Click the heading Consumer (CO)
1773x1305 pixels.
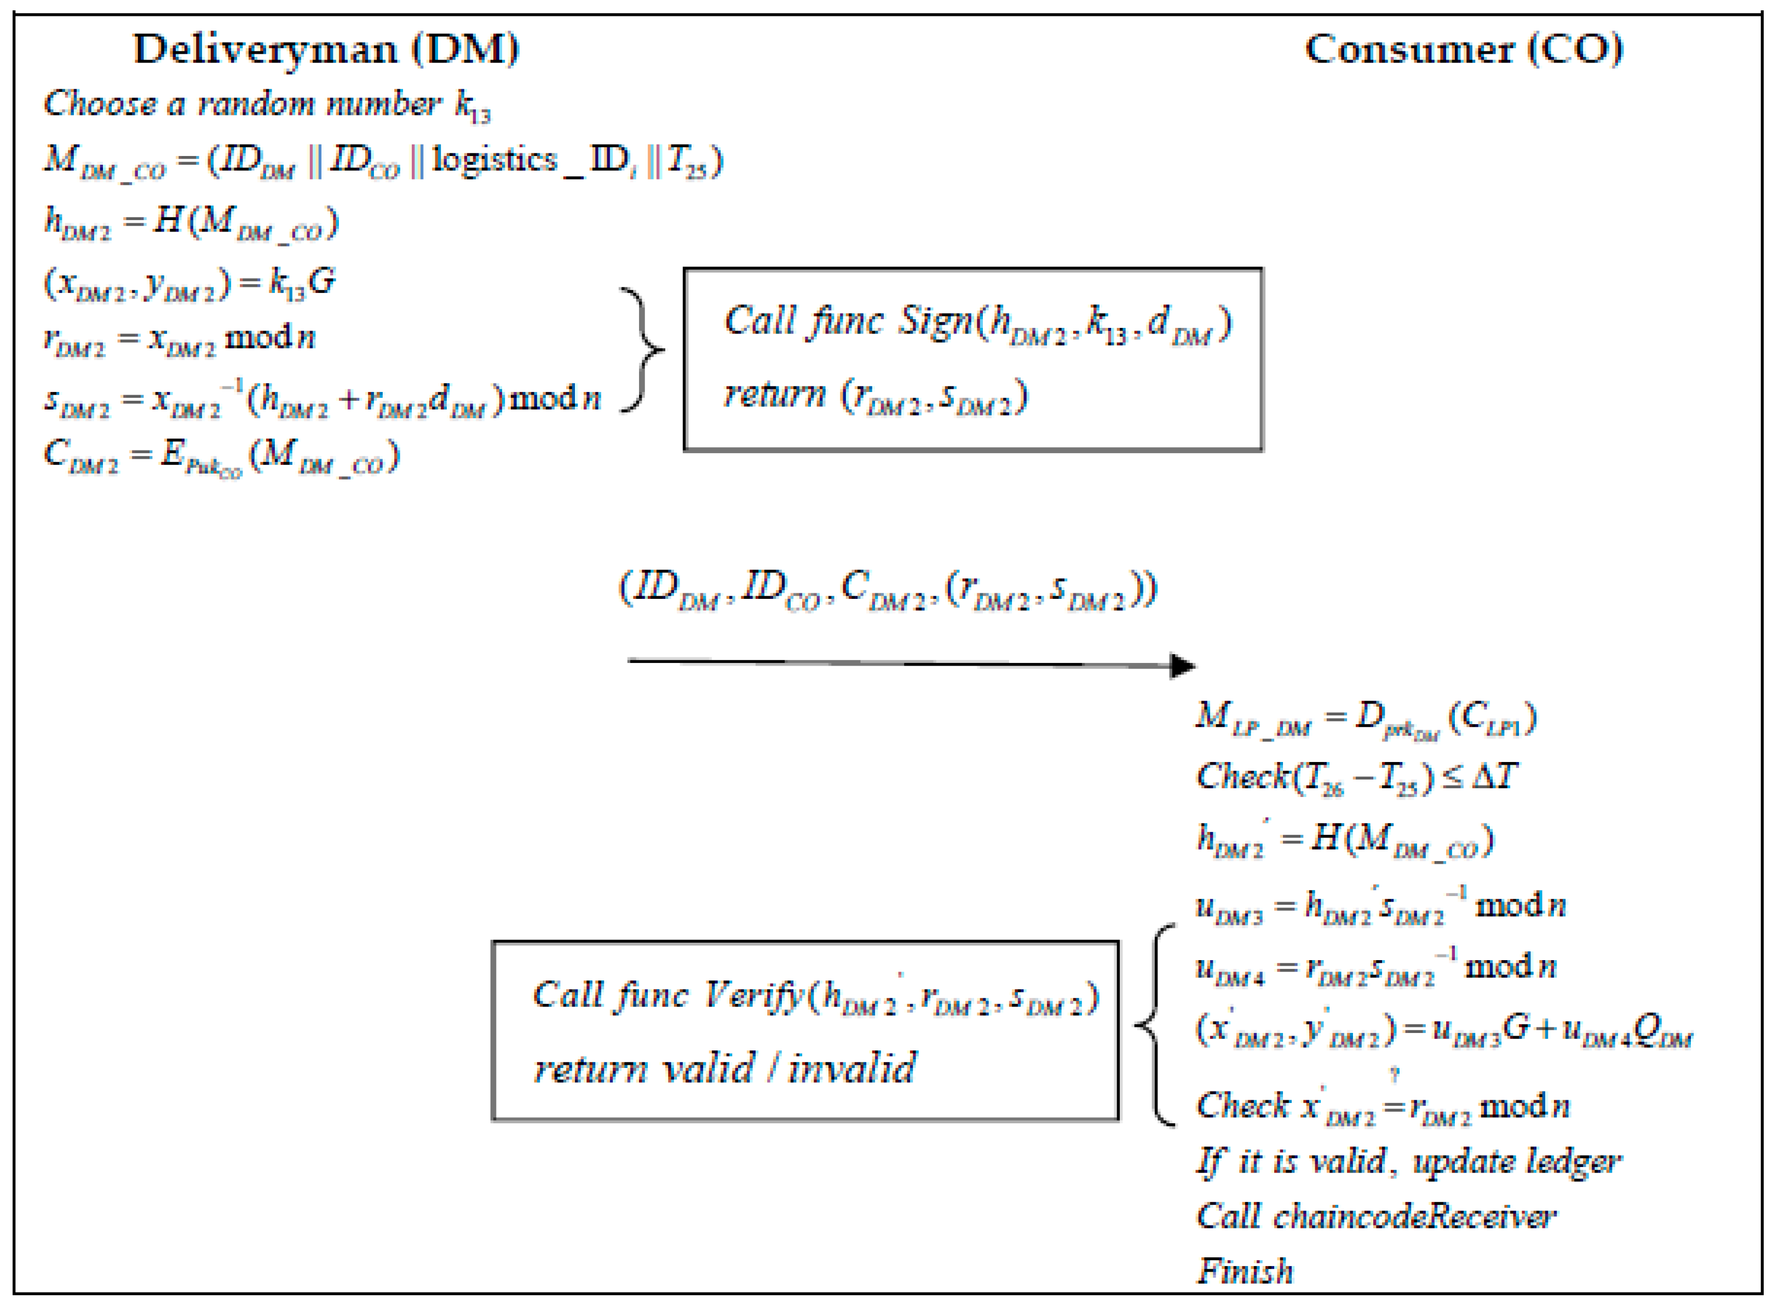point(1463,49)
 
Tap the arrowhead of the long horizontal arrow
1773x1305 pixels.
point(1183,665)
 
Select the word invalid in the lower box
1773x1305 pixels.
point(853,1068)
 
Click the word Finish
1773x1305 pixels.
point(1245,1271)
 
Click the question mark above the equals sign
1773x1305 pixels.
point(1395,1075)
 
